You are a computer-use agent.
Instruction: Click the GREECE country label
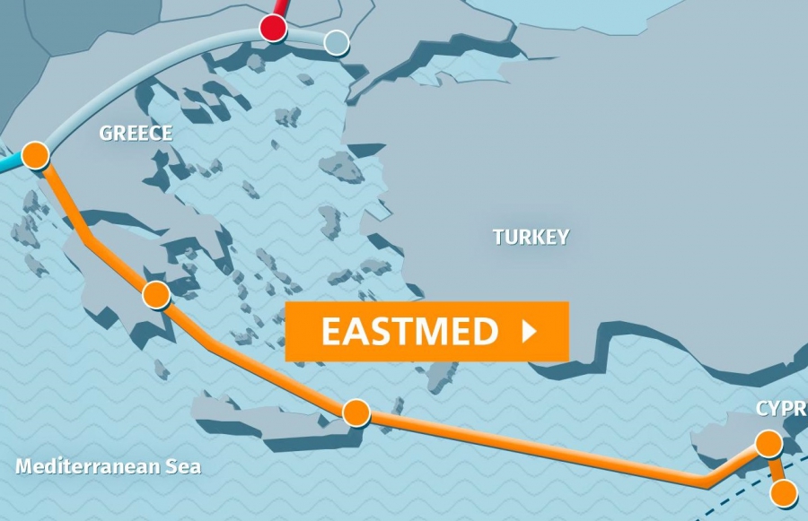(x=136, y=134)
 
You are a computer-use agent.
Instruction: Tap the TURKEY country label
(x=531, y=237)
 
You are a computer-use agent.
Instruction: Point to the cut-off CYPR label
(x=781, y=409)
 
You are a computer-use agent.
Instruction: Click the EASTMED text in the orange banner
(x=409, y=332)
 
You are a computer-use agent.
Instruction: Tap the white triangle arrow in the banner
(x=529, y=332)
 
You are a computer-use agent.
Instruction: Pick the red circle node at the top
(x=273, y=28)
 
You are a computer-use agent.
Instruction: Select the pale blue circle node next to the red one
(x=336, y=41)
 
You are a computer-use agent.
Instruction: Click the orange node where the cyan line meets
(x=35, y=155)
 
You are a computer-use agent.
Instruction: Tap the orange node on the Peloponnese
(x=156, y=294)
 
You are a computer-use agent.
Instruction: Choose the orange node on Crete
(x=356, y=412)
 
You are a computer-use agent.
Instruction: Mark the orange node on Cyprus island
(x=768, y=443)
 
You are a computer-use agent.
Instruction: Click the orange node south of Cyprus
(x=784, y=492)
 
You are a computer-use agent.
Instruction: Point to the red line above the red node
(x=281, y=7)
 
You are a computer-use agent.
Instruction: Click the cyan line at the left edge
(x=9, y=165)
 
